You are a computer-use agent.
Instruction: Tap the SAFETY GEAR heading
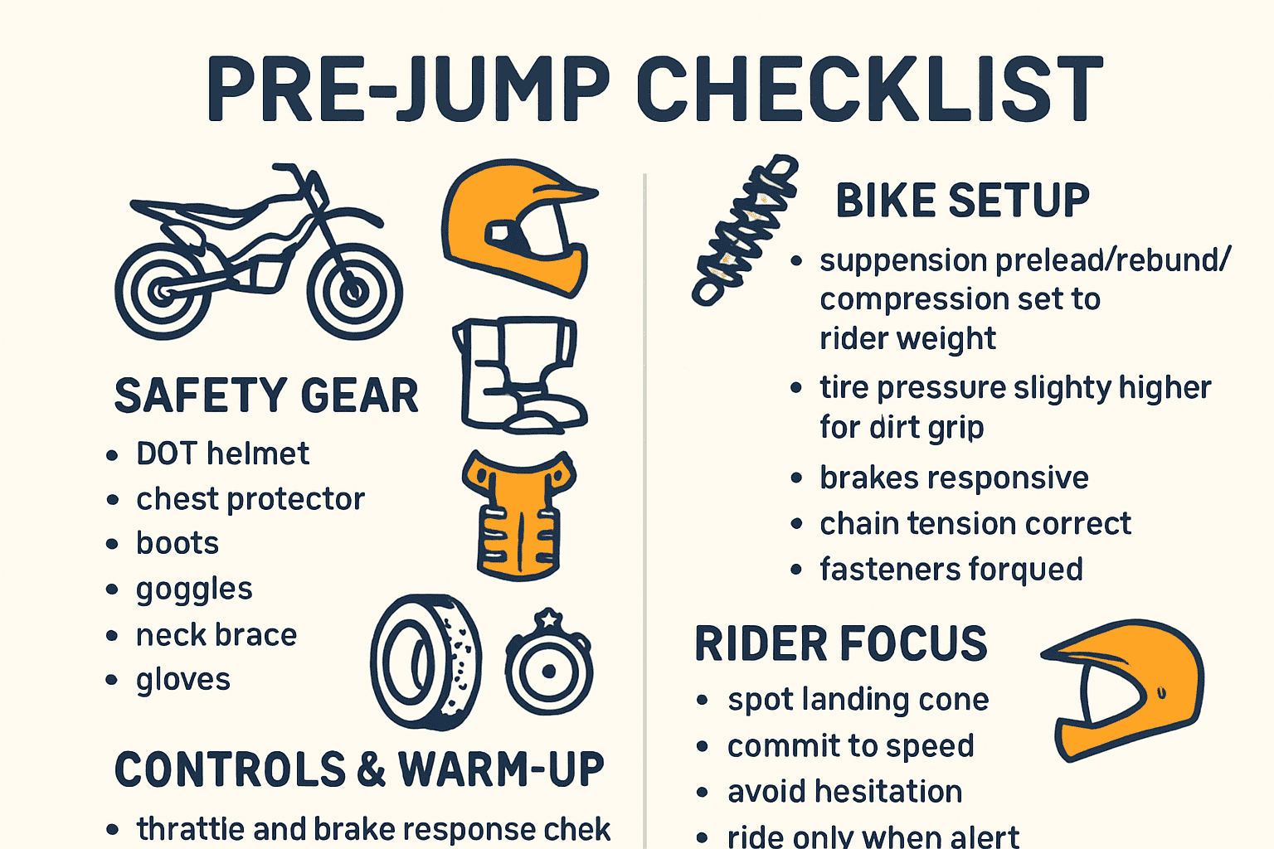(266, 395)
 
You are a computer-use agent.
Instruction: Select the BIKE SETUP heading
(962, 201)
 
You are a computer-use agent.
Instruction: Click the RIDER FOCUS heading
(841, 644)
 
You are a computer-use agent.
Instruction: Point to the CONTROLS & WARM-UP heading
(359, 769)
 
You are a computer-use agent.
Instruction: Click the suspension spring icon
(745, 230)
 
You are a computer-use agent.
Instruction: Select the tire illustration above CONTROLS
(426, 662)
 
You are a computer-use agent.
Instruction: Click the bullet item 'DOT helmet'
(222, 454)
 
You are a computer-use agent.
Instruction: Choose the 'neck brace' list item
(216, 635)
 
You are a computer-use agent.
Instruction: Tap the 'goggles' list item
(194, 589)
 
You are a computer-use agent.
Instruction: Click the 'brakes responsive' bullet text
(954, 478)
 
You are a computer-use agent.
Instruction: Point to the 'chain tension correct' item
(975, 524)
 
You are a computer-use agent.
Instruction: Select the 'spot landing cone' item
(858, 700)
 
